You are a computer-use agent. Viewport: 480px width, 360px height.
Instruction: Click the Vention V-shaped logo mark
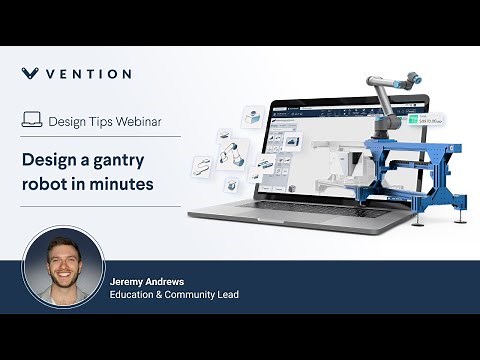[x=31, y=73]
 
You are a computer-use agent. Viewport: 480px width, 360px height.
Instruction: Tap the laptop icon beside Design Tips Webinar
[x=32, y=120]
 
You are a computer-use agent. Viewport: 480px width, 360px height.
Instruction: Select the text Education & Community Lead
[x=174, y=295]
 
